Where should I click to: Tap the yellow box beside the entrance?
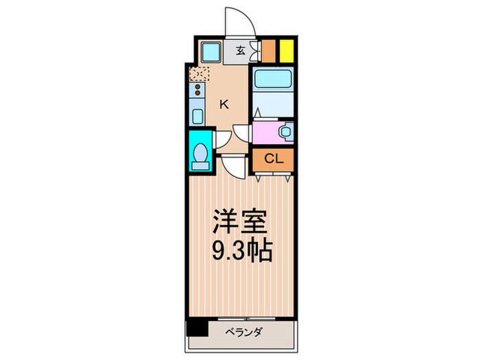(x=285, y=51)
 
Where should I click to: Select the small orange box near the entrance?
(x=269, y=51)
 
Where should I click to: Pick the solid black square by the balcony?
(x=197, y=328)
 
